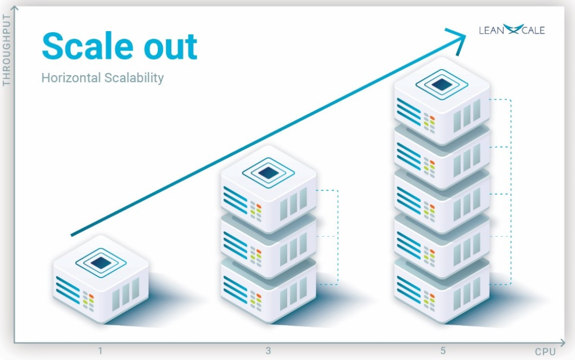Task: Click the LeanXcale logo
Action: click(511, 30)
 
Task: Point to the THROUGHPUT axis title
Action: click(7, 51)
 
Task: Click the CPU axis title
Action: click(545, 351)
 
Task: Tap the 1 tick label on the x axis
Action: click(100, 351)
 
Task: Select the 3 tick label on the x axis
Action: click(268, 351)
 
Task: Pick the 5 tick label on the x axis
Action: click(443, 351)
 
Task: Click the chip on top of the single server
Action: click(100, 262)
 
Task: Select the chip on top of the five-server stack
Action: click(441, 84)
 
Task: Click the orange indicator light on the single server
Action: click(91, 297)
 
